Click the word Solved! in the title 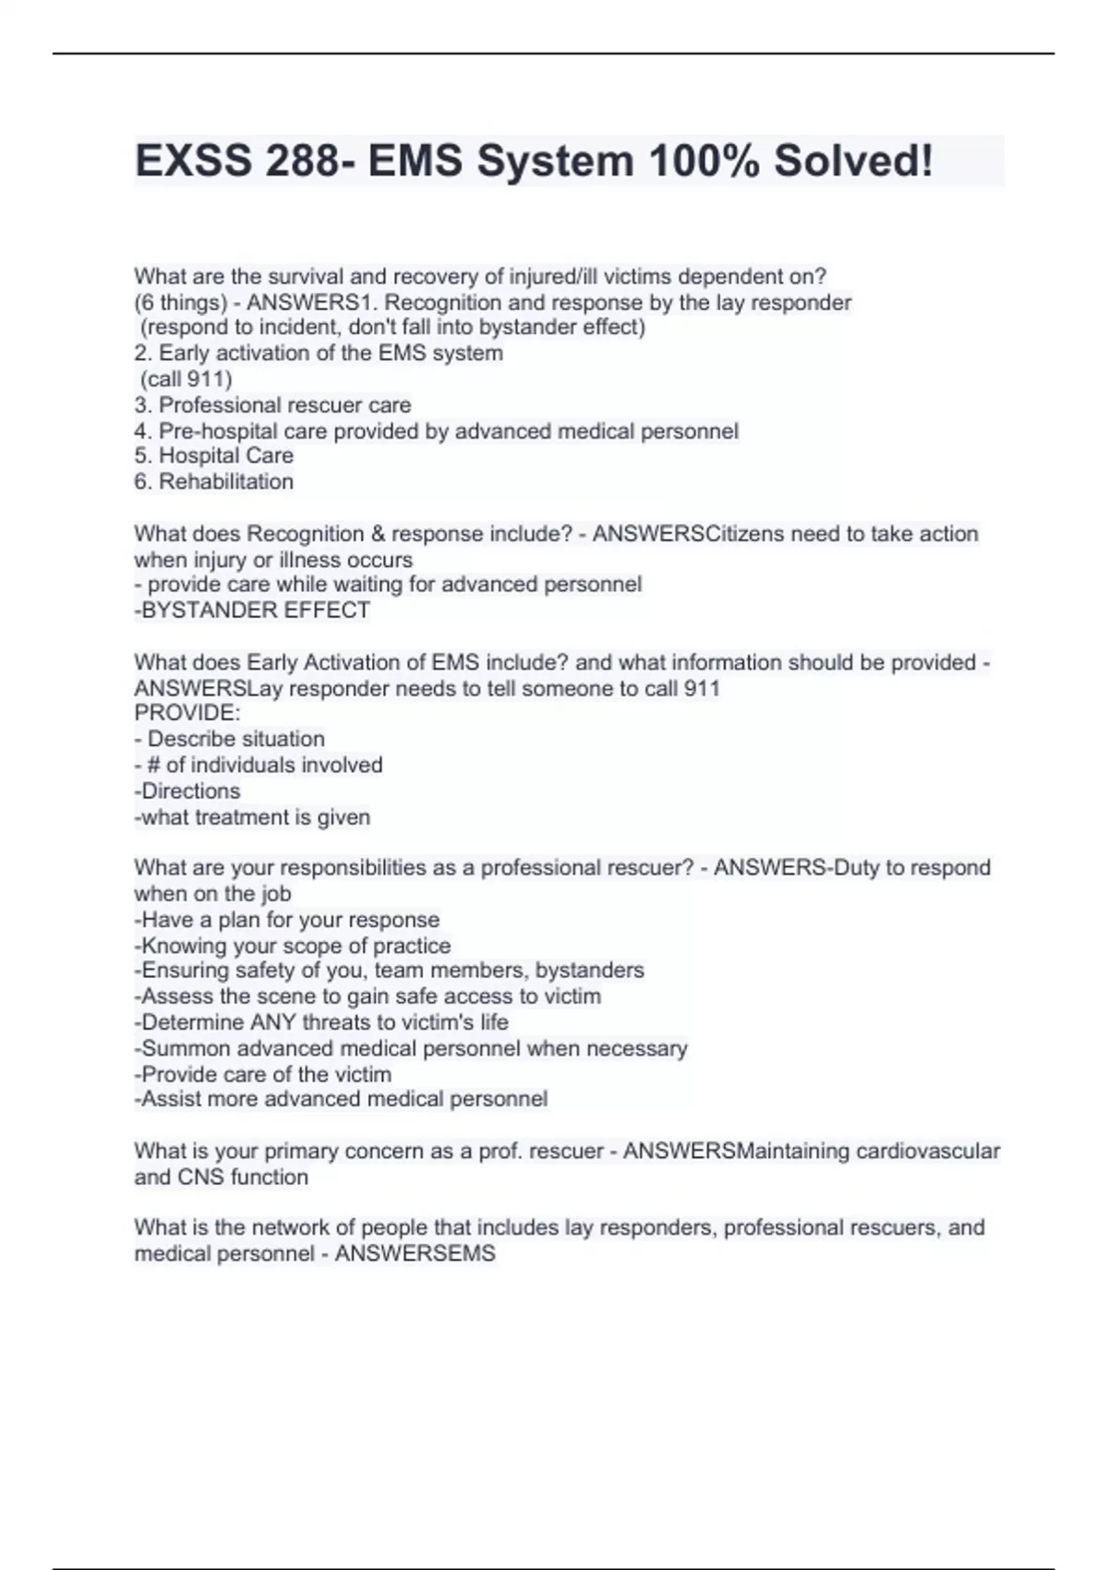coord(853,161)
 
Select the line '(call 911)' coord(186,379)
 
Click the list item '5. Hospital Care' coord(214,455)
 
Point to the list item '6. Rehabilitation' coord(214,481)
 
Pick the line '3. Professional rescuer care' coord(273,405)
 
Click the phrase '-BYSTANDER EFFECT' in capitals coord(252,610)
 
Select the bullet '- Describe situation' coord(230,739)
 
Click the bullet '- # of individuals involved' coord(259,765)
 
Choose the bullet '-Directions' coord(187,791)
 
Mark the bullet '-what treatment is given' coord(252,817)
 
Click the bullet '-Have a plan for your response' coord(287,920)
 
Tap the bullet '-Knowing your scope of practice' coord(293,946)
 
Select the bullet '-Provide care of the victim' coord(263,1074)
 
